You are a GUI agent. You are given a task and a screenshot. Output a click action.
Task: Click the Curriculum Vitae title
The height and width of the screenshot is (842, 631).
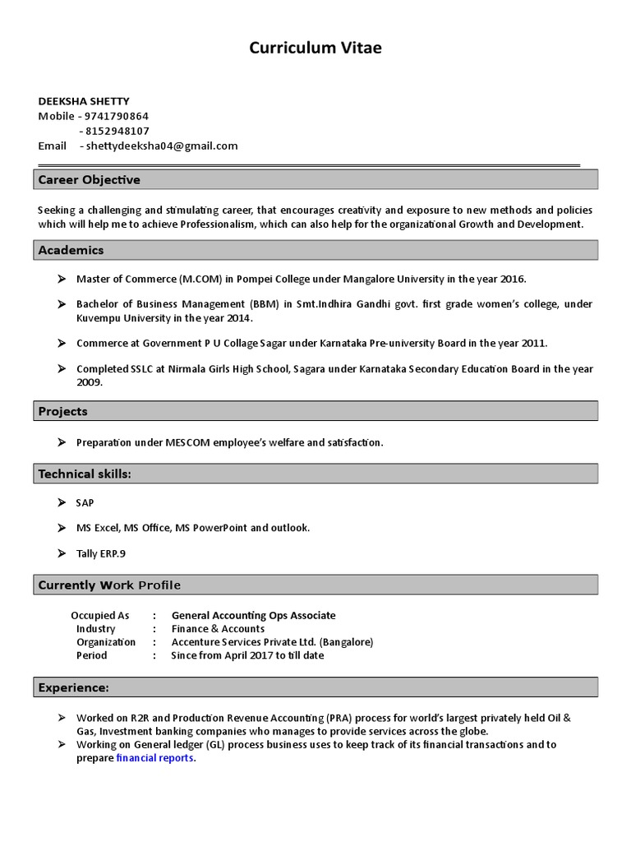315,49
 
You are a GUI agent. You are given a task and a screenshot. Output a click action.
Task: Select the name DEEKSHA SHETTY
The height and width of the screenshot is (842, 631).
84,101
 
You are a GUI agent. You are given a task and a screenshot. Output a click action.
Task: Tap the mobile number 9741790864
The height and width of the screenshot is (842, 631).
117,116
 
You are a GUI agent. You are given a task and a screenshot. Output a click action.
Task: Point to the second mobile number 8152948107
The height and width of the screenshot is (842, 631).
117,131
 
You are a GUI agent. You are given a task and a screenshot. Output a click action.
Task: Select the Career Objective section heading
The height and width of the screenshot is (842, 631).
90,179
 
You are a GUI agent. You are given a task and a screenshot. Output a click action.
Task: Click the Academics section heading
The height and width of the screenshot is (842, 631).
71,250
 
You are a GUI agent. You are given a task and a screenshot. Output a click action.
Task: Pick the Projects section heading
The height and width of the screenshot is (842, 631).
63,411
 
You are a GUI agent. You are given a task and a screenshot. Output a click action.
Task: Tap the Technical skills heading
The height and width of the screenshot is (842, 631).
85,474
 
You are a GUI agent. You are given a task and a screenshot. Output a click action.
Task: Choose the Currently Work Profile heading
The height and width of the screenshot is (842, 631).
109,585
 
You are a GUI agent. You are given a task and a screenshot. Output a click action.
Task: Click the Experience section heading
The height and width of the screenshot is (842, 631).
74,687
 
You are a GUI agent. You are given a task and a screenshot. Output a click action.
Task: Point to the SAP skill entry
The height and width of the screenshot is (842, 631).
85,502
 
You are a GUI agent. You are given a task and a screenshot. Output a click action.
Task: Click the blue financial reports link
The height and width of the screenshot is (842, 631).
155,758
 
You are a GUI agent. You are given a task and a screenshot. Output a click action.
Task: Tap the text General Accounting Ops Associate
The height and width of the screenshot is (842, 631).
253,615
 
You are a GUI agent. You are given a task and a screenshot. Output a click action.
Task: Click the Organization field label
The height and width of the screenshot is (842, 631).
106,641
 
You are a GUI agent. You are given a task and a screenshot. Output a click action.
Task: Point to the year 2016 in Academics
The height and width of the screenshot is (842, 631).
511,279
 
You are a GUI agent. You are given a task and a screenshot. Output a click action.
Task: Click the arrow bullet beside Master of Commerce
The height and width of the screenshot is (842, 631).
62,279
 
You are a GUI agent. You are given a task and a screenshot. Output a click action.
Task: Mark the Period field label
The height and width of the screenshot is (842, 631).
91,655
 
